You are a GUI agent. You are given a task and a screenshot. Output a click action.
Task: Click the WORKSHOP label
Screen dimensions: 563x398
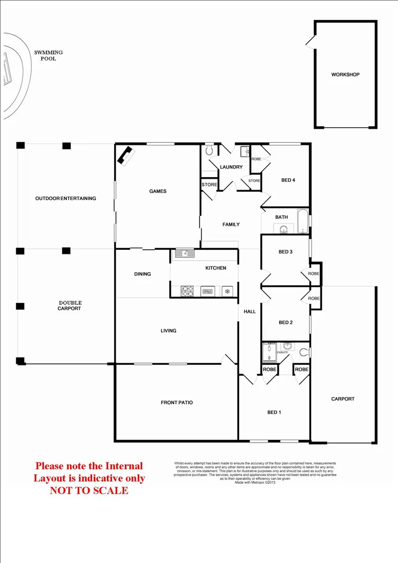coord(345,75)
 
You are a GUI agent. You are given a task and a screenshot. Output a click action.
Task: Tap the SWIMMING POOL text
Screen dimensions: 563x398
coord(48,55)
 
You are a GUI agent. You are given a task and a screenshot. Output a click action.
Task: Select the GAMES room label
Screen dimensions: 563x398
coord(158,191)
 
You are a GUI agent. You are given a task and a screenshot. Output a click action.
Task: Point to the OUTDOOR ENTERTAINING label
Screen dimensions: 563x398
coord(66,198)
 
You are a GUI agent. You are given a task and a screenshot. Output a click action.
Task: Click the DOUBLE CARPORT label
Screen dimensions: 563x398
coord(70,305)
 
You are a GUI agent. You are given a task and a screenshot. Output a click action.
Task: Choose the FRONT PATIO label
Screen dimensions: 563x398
coord(177,402)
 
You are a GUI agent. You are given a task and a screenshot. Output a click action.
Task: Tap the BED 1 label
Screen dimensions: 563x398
coord(274,412)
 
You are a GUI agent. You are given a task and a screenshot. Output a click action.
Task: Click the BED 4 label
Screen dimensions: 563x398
coord(288,180)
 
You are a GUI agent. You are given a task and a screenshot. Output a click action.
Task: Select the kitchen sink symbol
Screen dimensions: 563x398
coord(185,254)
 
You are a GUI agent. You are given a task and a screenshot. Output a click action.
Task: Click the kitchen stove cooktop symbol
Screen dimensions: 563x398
coord(188,291)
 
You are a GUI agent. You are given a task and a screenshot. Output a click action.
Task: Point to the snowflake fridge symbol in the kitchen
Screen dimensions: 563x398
coord(227,291)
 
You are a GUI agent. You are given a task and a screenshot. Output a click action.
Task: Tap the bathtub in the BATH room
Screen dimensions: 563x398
coord(302,221)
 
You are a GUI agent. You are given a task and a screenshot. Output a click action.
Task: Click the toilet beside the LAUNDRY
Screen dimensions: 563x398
coord(209,151)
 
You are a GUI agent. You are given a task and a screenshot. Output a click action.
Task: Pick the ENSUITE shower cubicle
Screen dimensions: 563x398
coord(270,352)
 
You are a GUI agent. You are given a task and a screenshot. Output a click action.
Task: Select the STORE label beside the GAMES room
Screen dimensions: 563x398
coord(209,185)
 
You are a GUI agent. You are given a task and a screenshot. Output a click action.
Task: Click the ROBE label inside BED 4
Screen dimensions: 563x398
coord(256,159)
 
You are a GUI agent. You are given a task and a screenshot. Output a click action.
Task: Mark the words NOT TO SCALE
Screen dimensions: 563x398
coord(89,490)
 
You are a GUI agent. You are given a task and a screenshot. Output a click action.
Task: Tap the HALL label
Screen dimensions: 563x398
coord(250,311)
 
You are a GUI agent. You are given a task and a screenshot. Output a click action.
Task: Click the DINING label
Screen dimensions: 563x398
coord(142,274)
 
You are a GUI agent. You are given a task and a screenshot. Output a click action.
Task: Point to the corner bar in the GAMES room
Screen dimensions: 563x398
coord(126,155)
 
